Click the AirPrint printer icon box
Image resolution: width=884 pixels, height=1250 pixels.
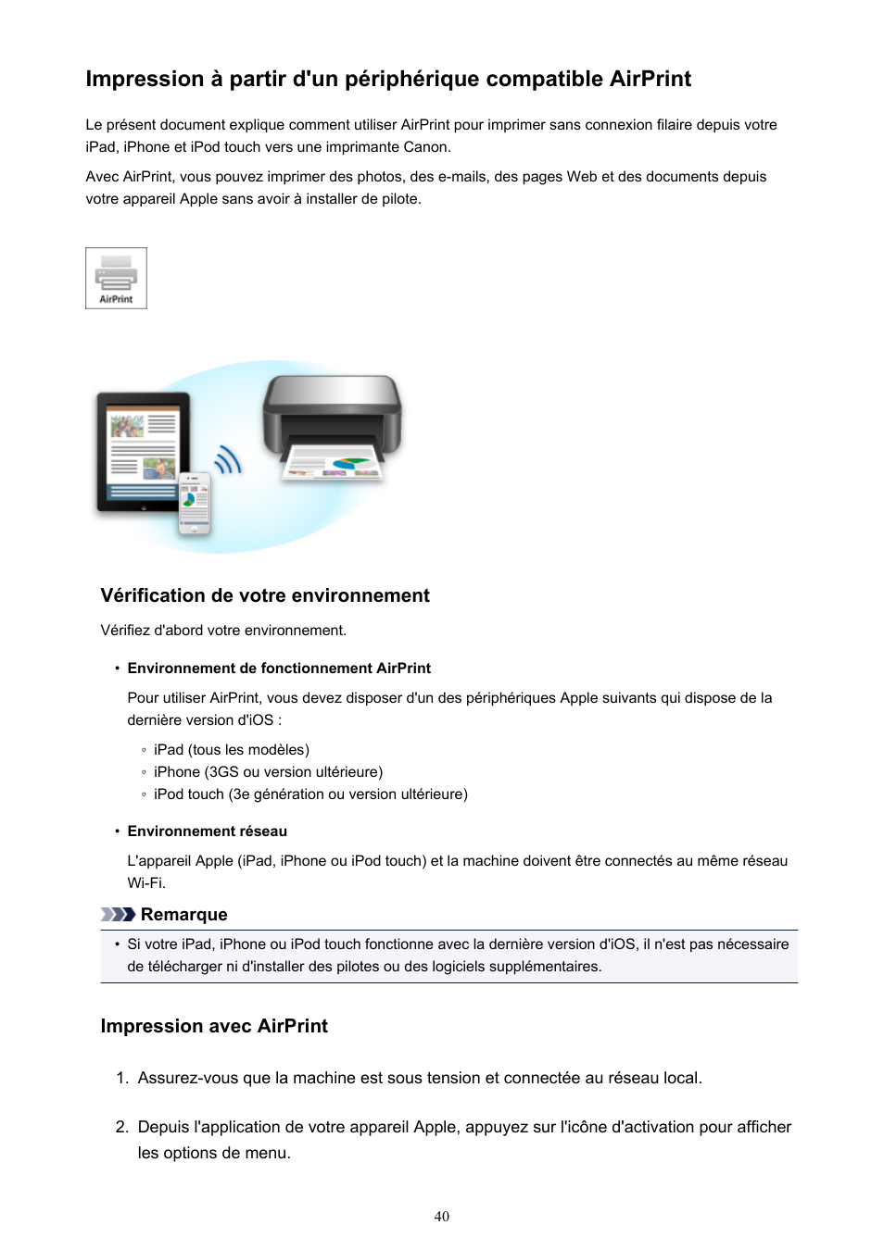point(116,278)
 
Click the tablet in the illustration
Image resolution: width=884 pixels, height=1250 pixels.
point(143,451)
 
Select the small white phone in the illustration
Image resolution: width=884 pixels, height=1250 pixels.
point(195,504)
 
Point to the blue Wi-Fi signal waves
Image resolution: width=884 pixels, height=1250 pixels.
point(229,459)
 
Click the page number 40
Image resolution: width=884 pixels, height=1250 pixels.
point(442,1217)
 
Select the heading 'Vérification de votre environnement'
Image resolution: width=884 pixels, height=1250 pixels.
point(265,595)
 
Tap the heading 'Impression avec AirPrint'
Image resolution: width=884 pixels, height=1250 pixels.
point(214,1026)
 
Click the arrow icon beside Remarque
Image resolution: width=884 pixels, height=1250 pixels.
point(118,915)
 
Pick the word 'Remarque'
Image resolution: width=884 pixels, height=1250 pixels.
point(184,915)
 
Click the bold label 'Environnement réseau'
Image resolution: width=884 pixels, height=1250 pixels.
point(208,831)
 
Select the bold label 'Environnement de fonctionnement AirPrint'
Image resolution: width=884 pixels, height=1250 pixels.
point(279,669)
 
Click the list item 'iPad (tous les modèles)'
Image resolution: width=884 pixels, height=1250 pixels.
point(232,750)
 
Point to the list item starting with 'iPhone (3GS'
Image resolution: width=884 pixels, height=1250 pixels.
point(268,772)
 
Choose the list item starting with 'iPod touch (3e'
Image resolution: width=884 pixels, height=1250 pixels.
point(310,794)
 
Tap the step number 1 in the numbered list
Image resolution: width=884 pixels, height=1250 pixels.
point(121,1078)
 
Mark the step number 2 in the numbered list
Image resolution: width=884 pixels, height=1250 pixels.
point(121,1127)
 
